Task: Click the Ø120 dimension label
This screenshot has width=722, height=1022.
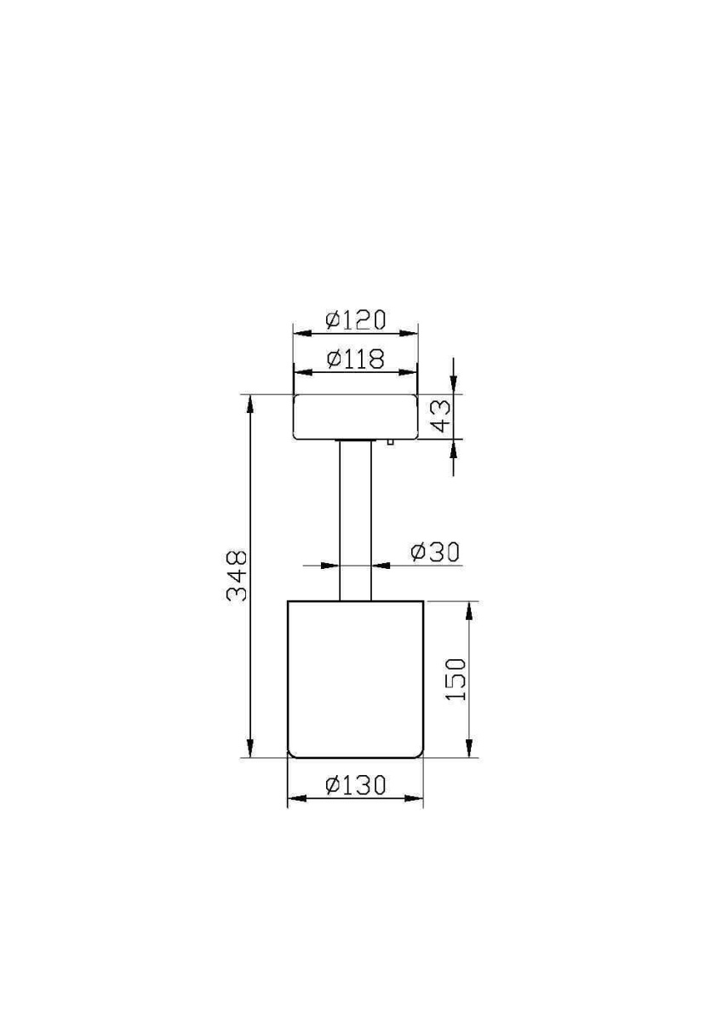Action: tap(356, 320)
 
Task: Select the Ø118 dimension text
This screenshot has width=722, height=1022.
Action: tap(356, 359)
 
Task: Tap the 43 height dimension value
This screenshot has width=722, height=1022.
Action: tap(441, 416)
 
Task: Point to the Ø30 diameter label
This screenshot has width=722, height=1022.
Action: tap(434, 553)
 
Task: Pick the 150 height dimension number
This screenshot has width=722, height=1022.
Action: tap(457, 679)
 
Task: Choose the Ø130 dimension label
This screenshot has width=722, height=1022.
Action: tap(356, 784)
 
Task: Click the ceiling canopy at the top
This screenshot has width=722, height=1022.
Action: tap(355, 416)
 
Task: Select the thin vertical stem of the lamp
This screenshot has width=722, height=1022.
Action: tap(355, 520)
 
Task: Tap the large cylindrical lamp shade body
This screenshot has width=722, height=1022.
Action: tap(355, 679)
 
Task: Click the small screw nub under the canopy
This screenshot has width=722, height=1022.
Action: tap(388, 442)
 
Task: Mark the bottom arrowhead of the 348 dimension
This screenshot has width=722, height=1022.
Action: tap(250, 749)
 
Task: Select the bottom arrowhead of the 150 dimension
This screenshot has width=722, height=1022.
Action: tap(469, 749)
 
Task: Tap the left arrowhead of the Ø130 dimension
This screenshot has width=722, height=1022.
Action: tap(295, 799)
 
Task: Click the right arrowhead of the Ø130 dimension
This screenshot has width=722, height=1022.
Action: tap(416, 799)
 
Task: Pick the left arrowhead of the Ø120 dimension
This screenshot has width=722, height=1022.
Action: tap(300, 333)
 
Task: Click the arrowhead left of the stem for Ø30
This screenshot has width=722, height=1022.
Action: tap(332, 566)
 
